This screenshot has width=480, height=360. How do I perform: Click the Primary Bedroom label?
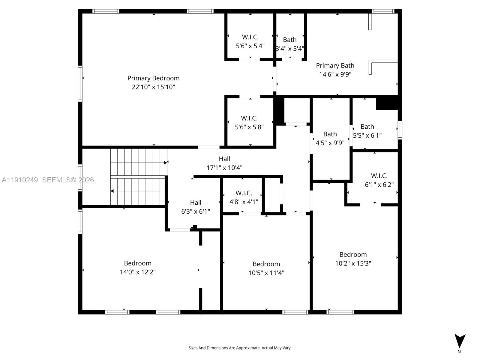[x=153, y=78]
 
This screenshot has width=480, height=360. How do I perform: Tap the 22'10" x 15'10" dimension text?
[x=153, y=87]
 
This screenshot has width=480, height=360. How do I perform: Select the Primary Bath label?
[x=335, y=65]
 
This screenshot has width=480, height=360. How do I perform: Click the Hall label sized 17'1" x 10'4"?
[x=224, y=159]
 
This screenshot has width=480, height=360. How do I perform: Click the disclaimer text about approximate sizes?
[x=240, y=348]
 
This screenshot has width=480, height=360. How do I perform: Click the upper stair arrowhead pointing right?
[x=165, y=163]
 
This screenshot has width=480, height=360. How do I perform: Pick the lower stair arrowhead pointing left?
[x=112, y=191]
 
